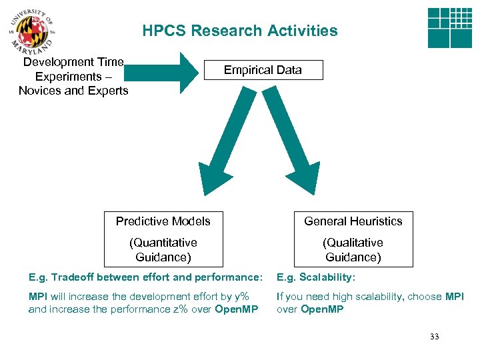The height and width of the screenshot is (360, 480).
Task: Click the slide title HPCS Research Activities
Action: [x=239, y=31]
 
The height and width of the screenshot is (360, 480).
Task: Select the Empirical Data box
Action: [x=263, y=70]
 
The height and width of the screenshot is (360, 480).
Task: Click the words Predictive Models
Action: [x=163, y=221]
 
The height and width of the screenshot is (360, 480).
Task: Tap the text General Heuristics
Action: [x=353, y=221]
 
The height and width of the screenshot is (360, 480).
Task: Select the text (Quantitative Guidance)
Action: [x=163, y=250]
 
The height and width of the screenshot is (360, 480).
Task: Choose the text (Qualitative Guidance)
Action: [x=353, y=250]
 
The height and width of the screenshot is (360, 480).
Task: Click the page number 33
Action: [x=435, y=337]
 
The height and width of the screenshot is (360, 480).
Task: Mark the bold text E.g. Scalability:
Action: [x=316, y=277]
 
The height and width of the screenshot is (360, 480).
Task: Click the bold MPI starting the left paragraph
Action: [x=37, y=297]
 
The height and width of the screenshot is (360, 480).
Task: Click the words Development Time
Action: [x=73, y=62]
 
